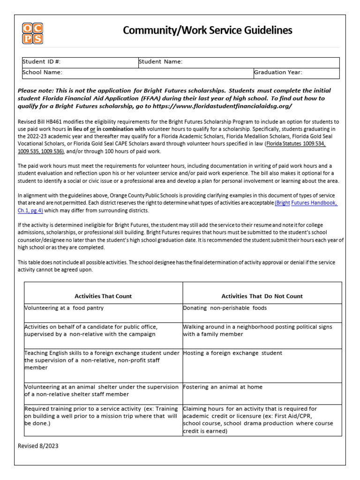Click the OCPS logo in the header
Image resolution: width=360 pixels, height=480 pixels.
pyautogui.click(x=32, y=33)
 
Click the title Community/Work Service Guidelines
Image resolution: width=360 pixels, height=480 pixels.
pyautogui.click(x=207, y=30)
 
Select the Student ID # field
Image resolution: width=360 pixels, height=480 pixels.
pyautogui.click(x=79, y=62)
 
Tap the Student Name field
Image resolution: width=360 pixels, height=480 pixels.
pyautogui.click(x=238, y=62)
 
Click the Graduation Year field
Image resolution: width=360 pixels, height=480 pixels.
pyautogui.click(x=296, y=73)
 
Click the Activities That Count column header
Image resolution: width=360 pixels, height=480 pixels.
pyautogui.click(x=103, y=296)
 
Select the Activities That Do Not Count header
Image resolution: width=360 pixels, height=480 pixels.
pyautogui.click(x=262, y=296)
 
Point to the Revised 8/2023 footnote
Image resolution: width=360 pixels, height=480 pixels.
pyautogui.click(x=38, y=446)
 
